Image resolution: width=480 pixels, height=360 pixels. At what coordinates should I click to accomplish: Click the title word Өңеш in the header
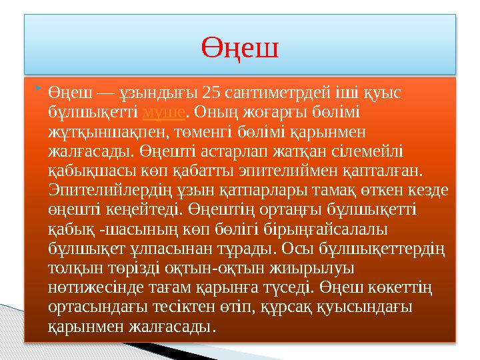[x=240, y=47]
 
